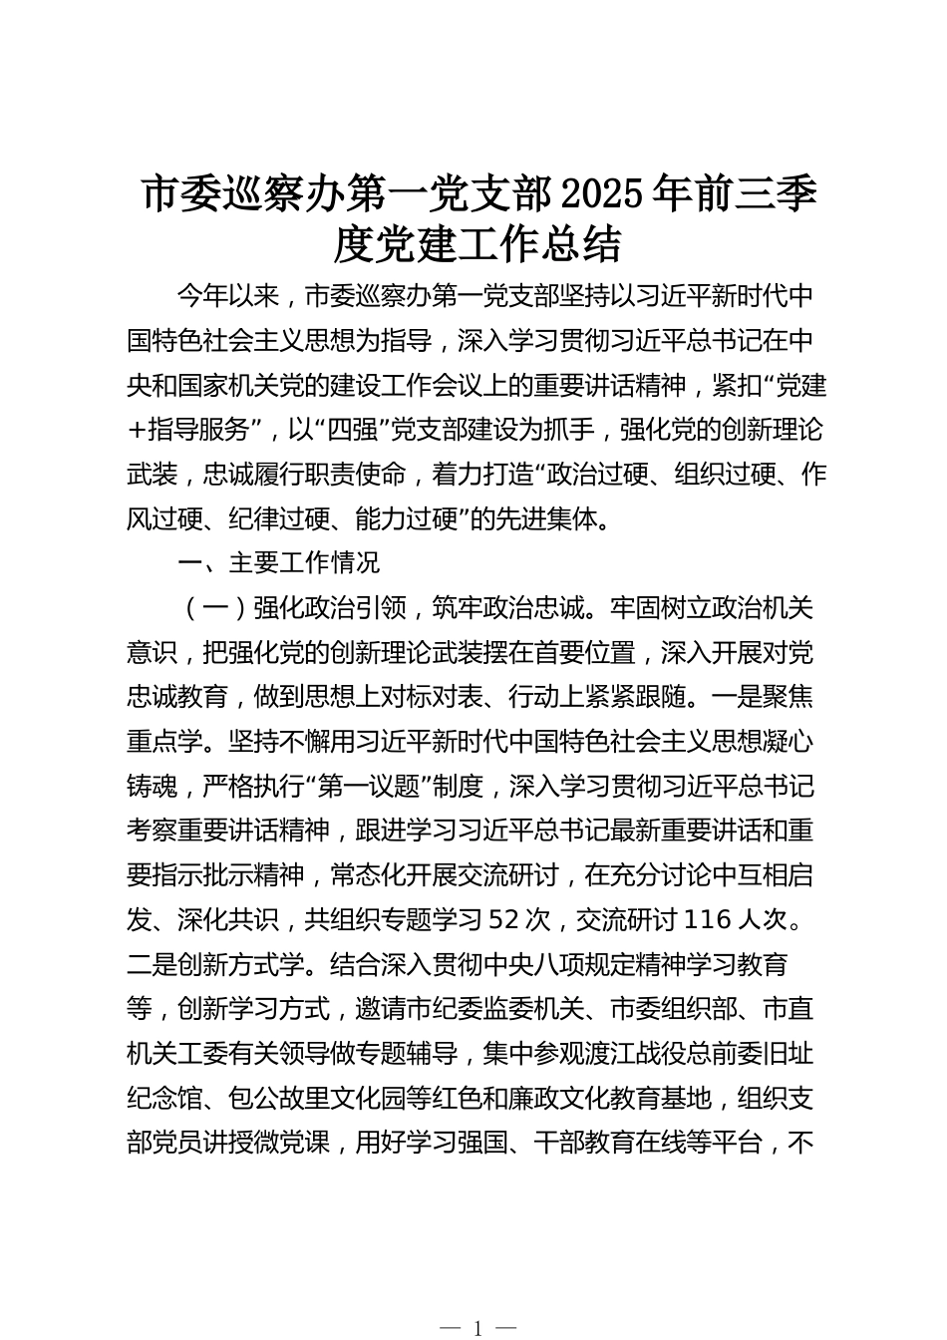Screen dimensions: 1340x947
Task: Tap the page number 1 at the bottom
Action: click(x=478, y=1327)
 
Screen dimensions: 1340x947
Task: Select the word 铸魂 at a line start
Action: click(x=153, y=786)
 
